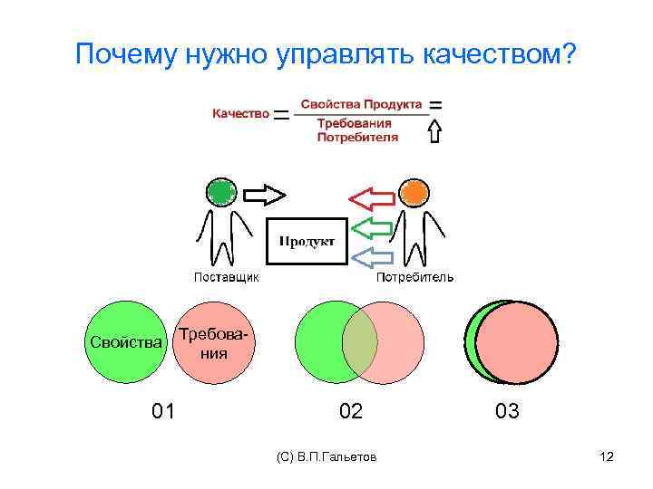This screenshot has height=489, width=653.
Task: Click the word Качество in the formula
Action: [240, 114]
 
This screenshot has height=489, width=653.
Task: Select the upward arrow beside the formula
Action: [434, 132]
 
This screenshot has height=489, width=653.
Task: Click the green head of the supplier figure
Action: [220, 192]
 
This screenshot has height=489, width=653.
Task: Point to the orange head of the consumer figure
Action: [414, 192]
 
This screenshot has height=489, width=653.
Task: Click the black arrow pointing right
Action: [265, 194]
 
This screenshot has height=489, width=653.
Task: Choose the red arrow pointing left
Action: [371, 198]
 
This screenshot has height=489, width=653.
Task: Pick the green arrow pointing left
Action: [371, 226]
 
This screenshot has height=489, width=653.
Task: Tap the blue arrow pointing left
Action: [371, 257]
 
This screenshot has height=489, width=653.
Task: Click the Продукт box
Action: [307, 241]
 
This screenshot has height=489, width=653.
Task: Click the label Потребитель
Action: [415, 277]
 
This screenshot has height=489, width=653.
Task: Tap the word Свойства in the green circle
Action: [127, 342]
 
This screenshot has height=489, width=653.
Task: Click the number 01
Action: [163, 412]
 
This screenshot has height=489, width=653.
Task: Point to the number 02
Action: [350, 412]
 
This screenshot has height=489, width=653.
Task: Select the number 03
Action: [507, 412]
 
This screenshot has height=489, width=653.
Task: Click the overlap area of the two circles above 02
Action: [359, 342]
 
